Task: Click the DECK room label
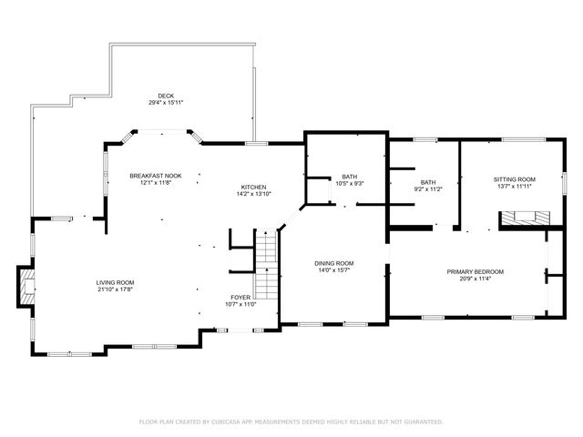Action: point(165,96)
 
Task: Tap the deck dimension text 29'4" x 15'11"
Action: point(165,103)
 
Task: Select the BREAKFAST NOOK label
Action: point(155,176)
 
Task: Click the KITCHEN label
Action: point(252,187)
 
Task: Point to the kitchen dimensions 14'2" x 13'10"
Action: point(252,194)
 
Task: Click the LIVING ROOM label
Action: point(116,283)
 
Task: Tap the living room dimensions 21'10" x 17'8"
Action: point(116,290)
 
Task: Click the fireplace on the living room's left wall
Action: point(26,286)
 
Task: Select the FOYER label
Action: point(240,297)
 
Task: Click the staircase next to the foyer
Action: point(264,265)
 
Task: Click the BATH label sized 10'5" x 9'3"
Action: point(350,177)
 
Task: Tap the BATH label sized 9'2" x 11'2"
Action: point(427,182)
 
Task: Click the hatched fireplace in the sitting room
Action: point(525,218)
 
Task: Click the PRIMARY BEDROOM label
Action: point(475,271)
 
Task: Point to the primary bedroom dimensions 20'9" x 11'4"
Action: point(475,279)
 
